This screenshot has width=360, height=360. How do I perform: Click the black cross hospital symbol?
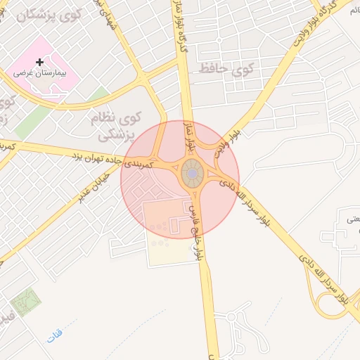pyautogui.click(x=39, y=63)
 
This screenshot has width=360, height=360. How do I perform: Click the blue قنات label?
pyautogui.click(x=55, y=336)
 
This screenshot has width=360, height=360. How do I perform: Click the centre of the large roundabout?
pyautogui.click(x=192, y=173)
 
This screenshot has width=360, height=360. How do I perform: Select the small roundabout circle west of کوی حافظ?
pyautogui.click(x=219, y=40)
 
